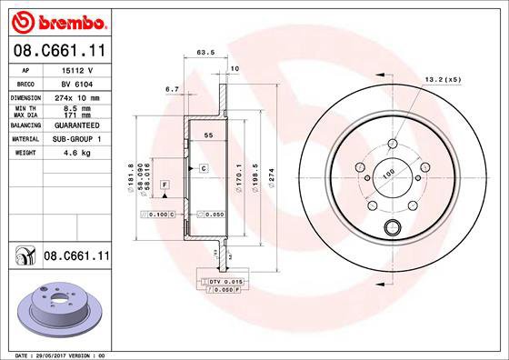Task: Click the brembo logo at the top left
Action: (56, 19)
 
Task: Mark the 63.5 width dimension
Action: (205, 54)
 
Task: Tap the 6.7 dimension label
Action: (171, 89)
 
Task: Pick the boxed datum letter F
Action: (165, 185)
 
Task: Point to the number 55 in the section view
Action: (207, 134)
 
